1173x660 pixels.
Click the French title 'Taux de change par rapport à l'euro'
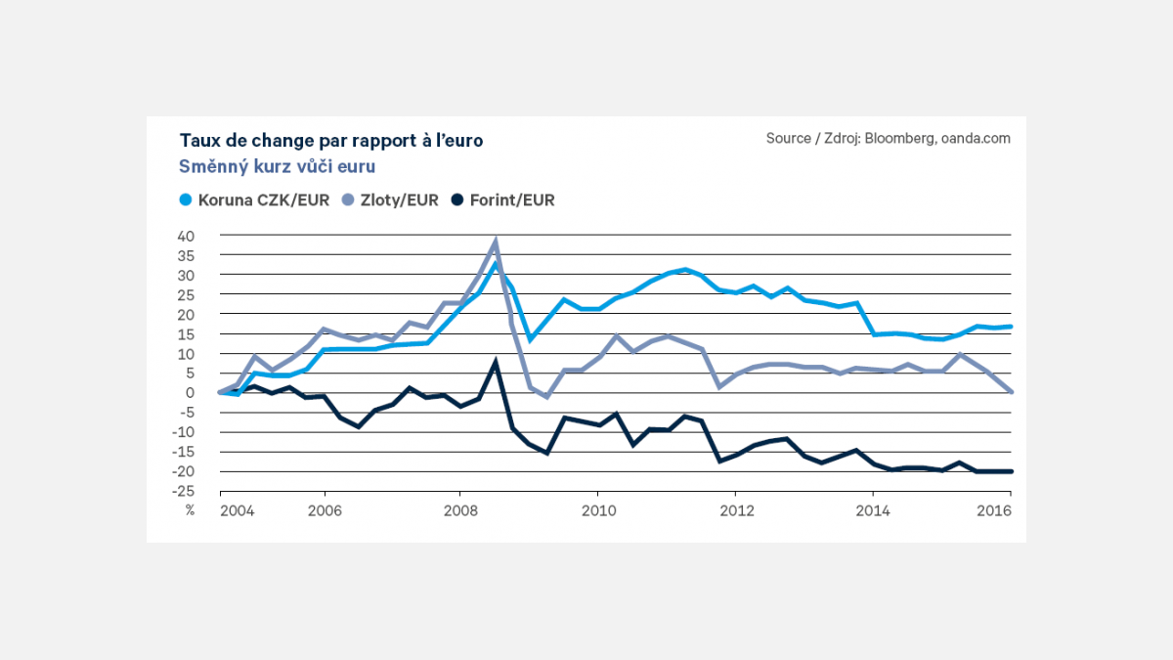330,141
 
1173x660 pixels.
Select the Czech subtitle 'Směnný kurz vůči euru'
278,167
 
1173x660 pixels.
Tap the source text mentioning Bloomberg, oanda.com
888,139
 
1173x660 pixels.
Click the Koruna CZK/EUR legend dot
186,200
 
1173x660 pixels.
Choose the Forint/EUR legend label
511,200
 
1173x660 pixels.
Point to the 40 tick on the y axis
187,236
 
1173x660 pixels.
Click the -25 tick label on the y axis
184,491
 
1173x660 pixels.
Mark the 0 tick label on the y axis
192,393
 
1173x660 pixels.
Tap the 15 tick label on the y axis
187,334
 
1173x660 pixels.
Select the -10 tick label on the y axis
184,432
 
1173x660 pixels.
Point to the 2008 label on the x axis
460,509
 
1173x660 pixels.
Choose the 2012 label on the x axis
735,509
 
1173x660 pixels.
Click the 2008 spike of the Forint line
496,363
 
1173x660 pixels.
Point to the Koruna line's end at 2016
1011,327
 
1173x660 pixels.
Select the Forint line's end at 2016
1011,471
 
